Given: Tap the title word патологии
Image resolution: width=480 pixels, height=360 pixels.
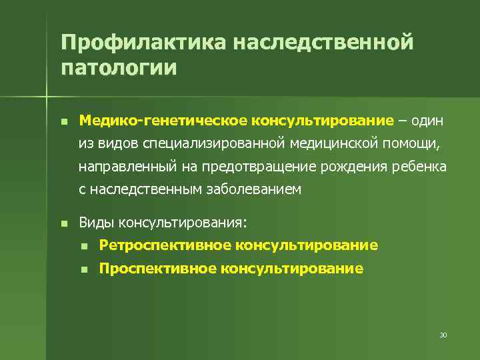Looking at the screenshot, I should pos(119,68).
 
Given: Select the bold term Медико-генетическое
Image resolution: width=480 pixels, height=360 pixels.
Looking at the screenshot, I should pos(163,121).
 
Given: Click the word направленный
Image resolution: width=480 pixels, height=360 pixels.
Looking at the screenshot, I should pos(121,166).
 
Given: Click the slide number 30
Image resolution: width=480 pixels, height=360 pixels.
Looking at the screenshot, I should pos(443,334).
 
